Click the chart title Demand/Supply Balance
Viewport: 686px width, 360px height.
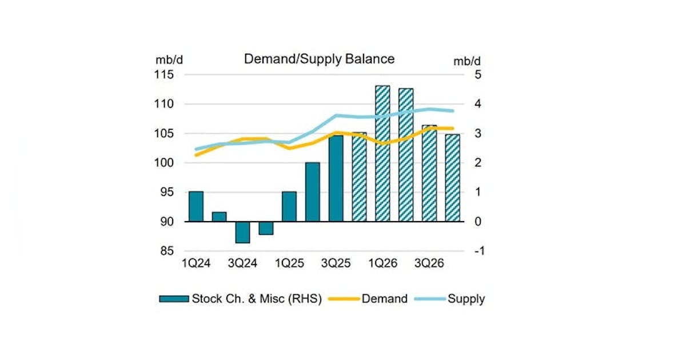319,59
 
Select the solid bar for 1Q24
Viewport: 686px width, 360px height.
196,206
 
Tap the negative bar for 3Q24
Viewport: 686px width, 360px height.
242,232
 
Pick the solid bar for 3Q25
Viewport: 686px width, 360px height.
336,178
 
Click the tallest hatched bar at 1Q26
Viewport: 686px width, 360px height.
382,153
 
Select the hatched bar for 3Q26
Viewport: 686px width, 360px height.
429,173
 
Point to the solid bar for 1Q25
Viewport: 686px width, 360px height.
289,206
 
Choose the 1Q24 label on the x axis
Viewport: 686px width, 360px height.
196,263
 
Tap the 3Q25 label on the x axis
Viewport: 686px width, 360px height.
336,263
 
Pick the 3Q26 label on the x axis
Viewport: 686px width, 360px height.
429,263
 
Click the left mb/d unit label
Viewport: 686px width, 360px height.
167,60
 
